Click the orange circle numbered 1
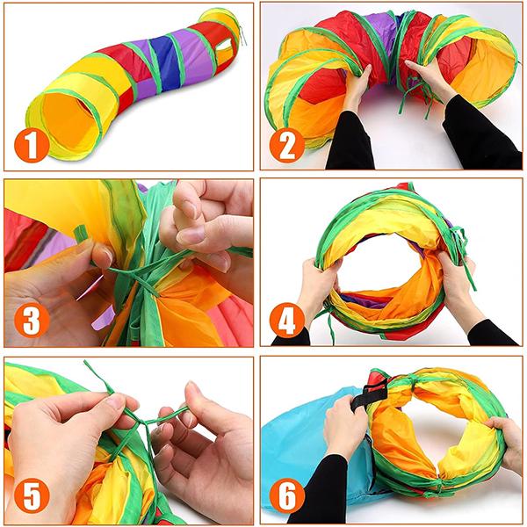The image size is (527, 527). [x=32, y=146]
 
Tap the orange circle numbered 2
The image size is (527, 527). [x=287, y=146]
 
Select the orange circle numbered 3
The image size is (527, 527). [x=32, y=320]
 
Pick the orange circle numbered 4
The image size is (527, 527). [x=287, y=320]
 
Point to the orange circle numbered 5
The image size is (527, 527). [x=32, y=495]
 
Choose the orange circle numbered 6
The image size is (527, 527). [x=287, y=495]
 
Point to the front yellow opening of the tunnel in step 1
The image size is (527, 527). [x=69, y=123]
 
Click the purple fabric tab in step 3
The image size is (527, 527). [x=102, y=319]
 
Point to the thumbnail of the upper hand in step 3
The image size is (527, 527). [x=191, y=235]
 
